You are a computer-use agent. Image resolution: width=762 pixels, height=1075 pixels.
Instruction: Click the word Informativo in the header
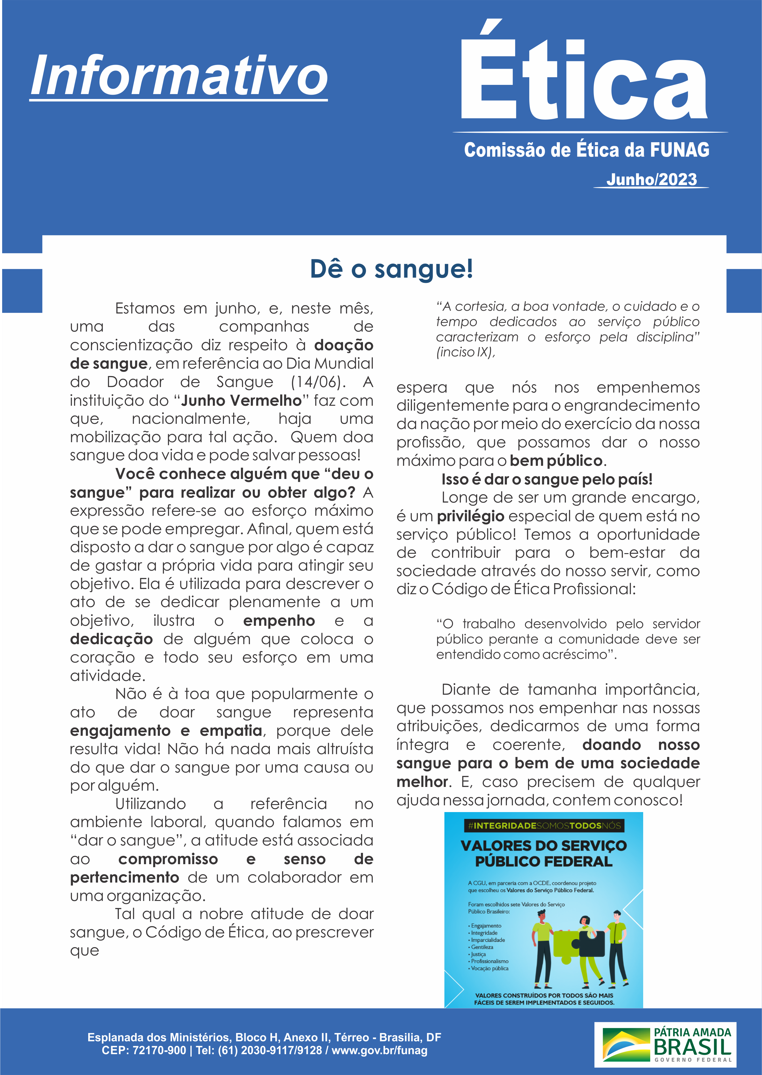(x=179, y=75)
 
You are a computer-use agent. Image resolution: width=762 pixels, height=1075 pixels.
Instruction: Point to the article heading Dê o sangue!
(x=391, y=269)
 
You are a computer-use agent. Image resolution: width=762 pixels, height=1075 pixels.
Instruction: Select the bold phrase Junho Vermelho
(x=241, y=401)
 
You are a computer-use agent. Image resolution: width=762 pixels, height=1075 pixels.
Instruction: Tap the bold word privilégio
(x=471, y=516)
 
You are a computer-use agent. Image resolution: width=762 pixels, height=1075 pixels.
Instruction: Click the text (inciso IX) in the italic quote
(x=465, y=352)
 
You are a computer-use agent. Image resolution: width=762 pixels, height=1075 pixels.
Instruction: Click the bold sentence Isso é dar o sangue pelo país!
(x=547, y=479)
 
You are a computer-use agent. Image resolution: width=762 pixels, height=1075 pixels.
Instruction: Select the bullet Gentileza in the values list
(x=482, y=947)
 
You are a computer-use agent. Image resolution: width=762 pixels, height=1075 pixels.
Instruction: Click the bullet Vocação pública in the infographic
(x=489, y=968)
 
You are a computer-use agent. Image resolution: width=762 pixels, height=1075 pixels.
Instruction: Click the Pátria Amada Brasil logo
(x=665, y=1044)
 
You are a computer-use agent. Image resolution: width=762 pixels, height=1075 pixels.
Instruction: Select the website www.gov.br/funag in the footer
(x=379, y=1050)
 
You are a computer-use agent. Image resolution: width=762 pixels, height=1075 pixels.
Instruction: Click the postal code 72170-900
(x=159, y=1050)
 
